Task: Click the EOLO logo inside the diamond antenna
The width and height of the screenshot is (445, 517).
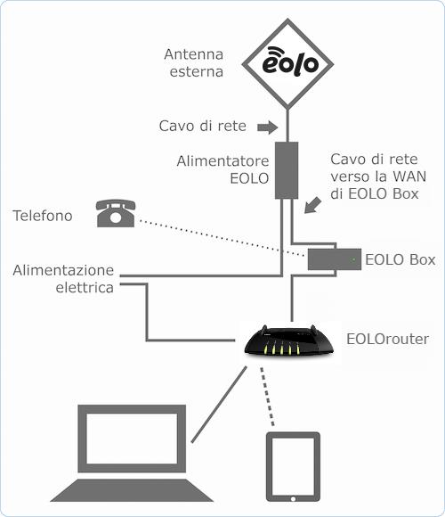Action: (x=290, y=61)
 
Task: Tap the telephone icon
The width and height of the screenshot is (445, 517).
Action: (x=116, y=213)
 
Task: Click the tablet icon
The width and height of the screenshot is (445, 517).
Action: (x=293, y=467)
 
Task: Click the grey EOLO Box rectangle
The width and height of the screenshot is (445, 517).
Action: (x=335, y=259)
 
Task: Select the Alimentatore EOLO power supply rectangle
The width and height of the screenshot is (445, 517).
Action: (x=287, y=170)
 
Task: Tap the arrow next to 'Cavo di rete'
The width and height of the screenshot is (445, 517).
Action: (x=268, y=127)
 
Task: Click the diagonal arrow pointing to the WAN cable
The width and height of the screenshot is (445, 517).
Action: (x=312, y=205)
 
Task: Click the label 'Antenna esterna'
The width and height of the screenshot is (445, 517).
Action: (x=194, y=63)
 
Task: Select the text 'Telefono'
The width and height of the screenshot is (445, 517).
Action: (x=43, y=216)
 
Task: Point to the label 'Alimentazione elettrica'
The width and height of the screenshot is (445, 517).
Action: (x=63, y=279)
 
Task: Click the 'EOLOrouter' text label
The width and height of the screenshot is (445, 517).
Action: (x=387, y=339)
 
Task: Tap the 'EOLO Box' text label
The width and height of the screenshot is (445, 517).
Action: (x=400, y=259)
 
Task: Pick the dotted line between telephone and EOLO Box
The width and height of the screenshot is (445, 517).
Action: (x=222, y=238)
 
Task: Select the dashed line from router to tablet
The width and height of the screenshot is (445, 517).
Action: (x=267, y=397)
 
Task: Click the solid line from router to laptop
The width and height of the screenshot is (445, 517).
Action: (x=219, y=404)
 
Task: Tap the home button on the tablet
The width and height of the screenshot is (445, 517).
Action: (x=293, y=499)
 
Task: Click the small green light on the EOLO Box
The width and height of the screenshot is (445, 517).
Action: (x=353, y=259)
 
